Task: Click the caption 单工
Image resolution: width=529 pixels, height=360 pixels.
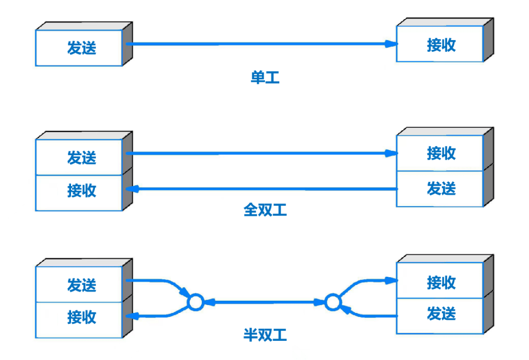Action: tap(265, 77)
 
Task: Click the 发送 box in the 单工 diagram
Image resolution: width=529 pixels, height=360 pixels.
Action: tap(79, 48)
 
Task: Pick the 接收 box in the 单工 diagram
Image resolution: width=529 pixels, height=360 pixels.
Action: tap(440, 45)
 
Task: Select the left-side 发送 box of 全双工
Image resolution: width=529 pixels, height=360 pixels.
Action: tap(79, 157)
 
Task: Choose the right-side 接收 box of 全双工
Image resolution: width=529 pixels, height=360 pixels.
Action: tap(440, 153)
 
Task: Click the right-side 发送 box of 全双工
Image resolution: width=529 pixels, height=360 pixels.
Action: tap(440, 189)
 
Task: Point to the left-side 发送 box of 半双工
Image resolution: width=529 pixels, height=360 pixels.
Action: tap(79, 285)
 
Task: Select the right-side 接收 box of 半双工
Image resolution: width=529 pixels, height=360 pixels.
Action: tap(440, 282)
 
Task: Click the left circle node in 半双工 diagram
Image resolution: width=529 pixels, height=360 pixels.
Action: tap(195, 302)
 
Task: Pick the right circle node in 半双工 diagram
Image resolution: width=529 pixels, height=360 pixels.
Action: tap(333, 302)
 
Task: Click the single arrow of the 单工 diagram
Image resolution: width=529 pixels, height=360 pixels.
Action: tap(260, 44)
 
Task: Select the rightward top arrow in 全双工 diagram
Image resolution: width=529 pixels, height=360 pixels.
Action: tap(260, 153)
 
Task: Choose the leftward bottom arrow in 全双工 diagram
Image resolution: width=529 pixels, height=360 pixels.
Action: tap(260, 189)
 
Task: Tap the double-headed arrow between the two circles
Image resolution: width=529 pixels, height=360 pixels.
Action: tap(264, 302)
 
